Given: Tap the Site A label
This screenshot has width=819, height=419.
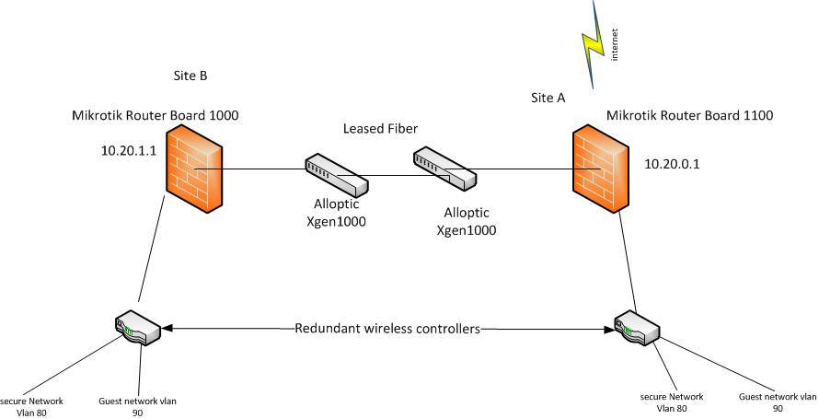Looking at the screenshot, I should pos(548,97).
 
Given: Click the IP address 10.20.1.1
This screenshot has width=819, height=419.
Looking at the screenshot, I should pos(131,147).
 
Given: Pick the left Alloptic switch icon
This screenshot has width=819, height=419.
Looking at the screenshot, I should pos(336,175).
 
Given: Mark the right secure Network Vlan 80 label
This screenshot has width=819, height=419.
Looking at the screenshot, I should pos(672,402).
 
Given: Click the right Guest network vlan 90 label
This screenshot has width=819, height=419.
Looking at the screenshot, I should pos(778,402).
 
